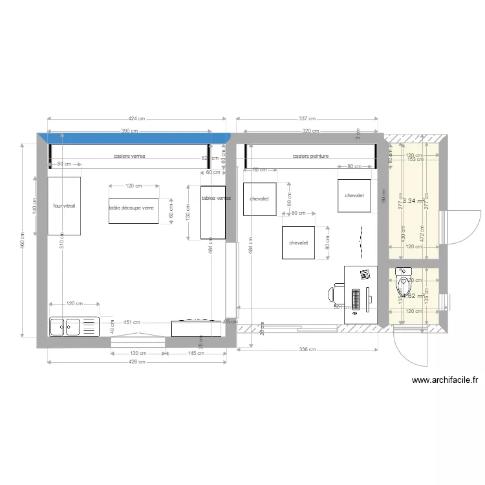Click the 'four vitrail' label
pyautogui.click(x=64, y=206)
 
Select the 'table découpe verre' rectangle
pyautogui.click(x=133, y=211)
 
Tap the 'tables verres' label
pyautogui.click(x=216, y=199)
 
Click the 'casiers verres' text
pyautogui.click(x=129, y=156)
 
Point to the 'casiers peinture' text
pyautogui.click(x=310, y=156)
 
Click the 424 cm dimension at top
pyautogui.click(x=136, y=119)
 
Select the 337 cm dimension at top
pyautogui.click(x=307, y=119)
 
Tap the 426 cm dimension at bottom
pyautogui.click(x=137, y=361)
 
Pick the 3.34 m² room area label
pyautogui.click(x=413, y=201)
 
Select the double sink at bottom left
pyautogui.click(x=73, y=327)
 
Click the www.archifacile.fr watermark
pyautogui.click(x=444, y=381)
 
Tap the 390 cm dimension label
pyautogui.click(x=129, y=131)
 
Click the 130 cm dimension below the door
pyautogui.click(x=138, y=353)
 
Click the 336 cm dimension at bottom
pyautogui.click(x=307, y=350)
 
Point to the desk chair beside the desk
pyautogui.click(x=334, y=294)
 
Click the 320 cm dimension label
pyautogui.click(x=310, y=131)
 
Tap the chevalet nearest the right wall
pyautogui.click(x=354, y=195)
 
